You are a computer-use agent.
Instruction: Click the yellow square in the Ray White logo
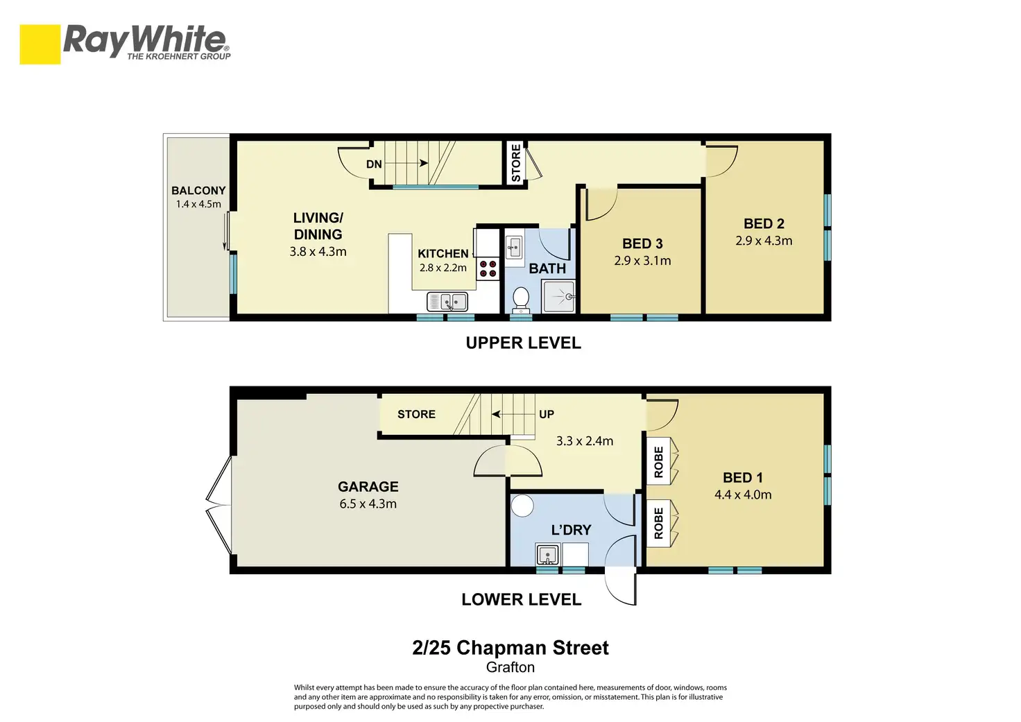(x=40, y=44)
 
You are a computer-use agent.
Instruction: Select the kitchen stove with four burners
(x=488, y=268)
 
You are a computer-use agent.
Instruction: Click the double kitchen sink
(x=447, y=302)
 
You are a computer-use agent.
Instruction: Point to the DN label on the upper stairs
(x=374, y=164)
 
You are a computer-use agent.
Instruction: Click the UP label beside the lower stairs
(x=547, y=414)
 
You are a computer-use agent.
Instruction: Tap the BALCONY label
(x=198, y=191)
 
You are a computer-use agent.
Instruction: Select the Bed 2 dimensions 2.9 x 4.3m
(x=764, y=241)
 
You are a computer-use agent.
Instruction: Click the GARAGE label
(x=368, y=487)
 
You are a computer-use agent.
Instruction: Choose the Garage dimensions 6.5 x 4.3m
(x=368, y=504)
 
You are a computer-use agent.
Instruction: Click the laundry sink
(x=547, y=555)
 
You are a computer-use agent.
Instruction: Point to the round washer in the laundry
(x=522, y=506)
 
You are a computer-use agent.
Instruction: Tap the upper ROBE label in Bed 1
(x=659, y=462)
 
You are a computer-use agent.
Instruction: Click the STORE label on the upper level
(x=516, y=163)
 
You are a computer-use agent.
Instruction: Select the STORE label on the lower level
(x=416, y=414)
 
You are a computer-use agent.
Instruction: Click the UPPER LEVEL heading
(x=523, y=343)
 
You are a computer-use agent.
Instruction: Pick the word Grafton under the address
(x=510, y=667)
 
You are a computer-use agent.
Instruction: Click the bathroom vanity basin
(x=515, y=248)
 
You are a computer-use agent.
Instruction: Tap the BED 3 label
(x=642, y=244)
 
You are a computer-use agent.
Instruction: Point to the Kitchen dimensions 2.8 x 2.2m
(x=443, y=268)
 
